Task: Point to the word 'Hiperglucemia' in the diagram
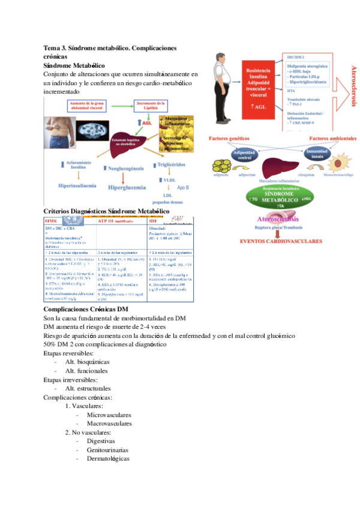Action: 126,187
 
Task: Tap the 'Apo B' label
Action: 182,188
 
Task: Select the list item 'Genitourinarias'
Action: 109,449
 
